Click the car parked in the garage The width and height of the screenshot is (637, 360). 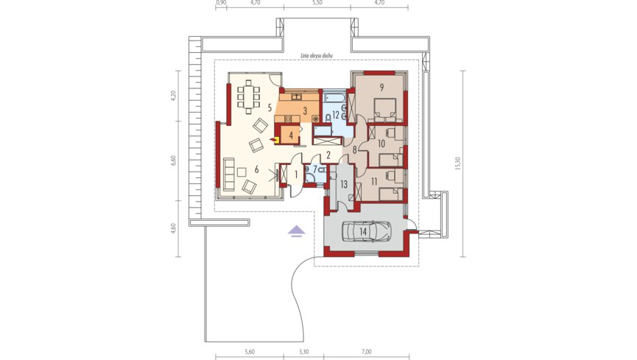coord(367,232)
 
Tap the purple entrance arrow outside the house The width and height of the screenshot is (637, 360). coord(297,230)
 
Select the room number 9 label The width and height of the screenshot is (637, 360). coord(381,87)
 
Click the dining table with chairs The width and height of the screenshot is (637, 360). coord(248,96)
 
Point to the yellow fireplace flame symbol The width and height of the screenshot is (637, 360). coord(276,140)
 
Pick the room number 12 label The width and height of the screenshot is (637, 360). coord(335,115)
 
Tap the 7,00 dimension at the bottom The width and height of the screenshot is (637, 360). coord(366,352)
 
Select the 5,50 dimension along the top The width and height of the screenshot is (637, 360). coord(317,2)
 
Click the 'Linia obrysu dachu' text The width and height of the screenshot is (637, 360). coord(317,55)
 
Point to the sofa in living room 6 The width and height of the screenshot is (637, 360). coord(228,174)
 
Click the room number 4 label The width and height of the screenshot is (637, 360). coord(291,135)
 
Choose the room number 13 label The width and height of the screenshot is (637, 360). coord(344,185)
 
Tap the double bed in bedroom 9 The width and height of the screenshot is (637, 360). coord(384,110)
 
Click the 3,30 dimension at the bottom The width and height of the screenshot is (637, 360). coord(303,352)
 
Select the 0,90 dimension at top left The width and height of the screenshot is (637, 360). coord(222,2)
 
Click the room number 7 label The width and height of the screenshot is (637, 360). coord(315,168)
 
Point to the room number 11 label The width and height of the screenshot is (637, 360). coord(374,182)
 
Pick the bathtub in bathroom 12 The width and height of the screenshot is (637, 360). coord(334,97)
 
